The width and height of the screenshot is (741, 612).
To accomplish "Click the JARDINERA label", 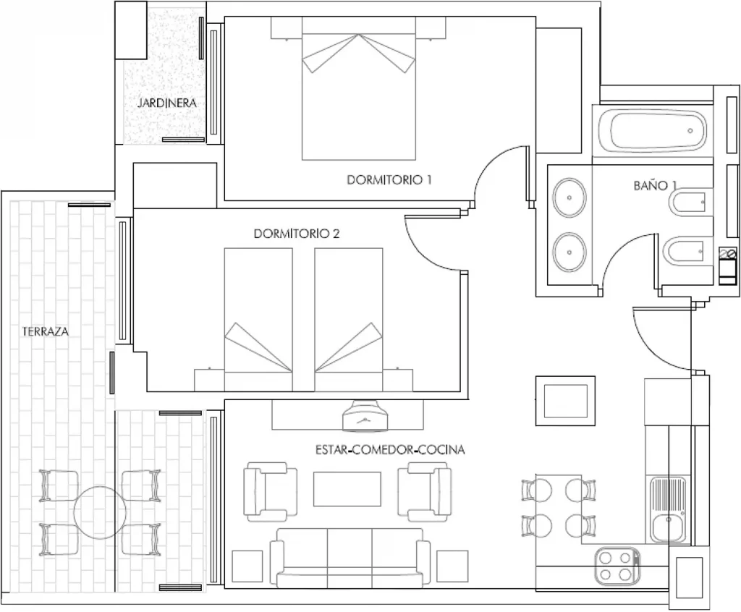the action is (167, 103).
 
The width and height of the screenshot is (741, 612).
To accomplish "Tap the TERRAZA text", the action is (46, 332).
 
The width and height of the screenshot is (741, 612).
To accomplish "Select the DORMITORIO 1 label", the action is (389, 180).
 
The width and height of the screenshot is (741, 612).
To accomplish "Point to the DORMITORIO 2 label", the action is (296, 234).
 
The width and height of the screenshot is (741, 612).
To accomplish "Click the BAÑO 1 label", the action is (654, 186).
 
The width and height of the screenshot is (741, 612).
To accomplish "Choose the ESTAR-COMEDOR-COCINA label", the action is (390, 449).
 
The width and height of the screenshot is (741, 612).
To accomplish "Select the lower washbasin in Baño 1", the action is (569, 252).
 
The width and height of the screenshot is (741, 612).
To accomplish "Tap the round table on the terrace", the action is (100, 513).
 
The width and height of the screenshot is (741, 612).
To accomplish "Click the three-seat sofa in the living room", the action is (350, 558).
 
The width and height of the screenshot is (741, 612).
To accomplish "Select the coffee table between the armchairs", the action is (347, 488).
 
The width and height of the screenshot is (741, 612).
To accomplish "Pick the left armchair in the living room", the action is (270, 491).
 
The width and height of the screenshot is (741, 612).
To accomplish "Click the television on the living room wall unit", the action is (365, 416).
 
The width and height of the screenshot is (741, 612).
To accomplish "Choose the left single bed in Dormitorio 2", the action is (258, 320).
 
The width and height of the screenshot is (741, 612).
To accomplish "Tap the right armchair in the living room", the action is (424, 491).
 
